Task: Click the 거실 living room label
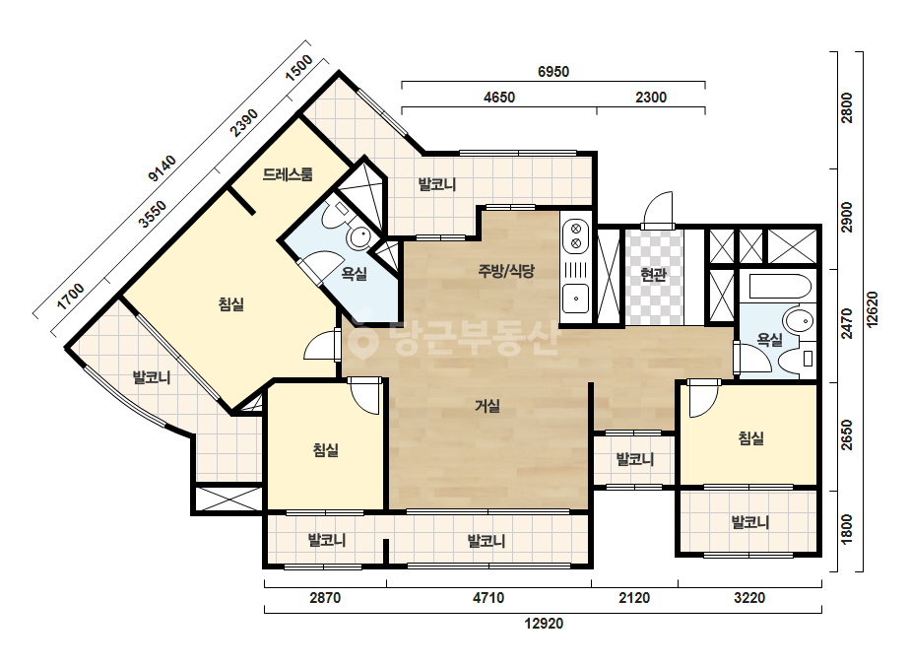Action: pos(487,406)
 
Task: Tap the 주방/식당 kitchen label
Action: pos(506,271)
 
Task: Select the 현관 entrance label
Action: pos(653,275)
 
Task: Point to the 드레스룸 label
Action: pos(288,174)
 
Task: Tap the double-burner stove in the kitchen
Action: pos(576,234)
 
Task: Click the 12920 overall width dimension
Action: pos(544,624)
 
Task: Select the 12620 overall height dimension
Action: pos(872,309)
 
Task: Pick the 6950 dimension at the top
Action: pos(553,72)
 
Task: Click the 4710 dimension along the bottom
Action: pos(488,598)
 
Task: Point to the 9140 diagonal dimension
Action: pos(162,168)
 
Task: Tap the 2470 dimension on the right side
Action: pos(847,324)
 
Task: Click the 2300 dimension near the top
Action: pos(651,98)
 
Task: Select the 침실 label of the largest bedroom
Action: pos(231,304)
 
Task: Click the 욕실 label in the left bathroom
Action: pos(354,273)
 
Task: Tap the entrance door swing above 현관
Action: pos(658,209)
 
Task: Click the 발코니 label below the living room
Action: pos(487,541)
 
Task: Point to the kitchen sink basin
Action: pos(576,299)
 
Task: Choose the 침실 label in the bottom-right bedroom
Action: pos(750,438)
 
